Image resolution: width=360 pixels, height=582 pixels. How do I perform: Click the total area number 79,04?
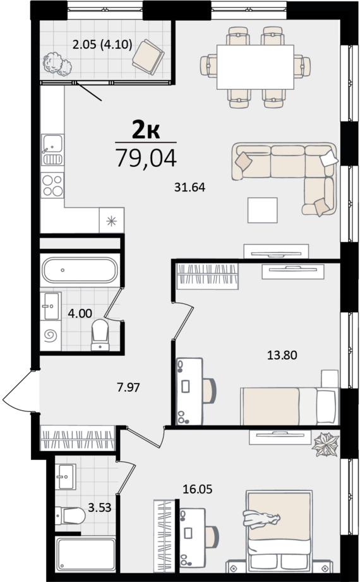(x=147, y=157)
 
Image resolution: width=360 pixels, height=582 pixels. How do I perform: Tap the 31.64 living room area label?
(x=189, y=187)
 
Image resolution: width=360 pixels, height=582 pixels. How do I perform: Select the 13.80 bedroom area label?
(x=282, y=355)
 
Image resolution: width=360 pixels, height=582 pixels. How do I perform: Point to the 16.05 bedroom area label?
(x=198, y=489)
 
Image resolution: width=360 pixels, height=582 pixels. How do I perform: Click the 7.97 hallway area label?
(x=128, y=387)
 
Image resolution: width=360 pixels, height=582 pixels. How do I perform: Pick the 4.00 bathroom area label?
(x=80, y=313)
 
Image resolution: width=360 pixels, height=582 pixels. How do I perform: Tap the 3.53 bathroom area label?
(x=99, y=507)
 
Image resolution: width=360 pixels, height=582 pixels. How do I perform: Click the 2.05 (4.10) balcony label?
(x=102, y=45)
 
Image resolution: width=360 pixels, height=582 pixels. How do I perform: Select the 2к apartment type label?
(x=146, y=130)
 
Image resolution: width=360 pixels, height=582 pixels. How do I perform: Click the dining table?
(x=255, y=67)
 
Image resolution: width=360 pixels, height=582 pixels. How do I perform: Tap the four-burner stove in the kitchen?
(x=52, y=185)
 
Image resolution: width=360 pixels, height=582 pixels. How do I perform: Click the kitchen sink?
(x=52, y=150)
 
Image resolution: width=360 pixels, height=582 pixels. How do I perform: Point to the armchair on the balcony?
(x=148, y=57)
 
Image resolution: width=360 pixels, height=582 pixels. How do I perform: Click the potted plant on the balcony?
(x=57, y=64)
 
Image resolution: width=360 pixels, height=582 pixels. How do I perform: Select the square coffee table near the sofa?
(x=263, y=210)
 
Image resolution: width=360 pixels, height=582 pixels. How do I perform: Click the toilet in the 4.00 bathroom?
(x=100, y=335)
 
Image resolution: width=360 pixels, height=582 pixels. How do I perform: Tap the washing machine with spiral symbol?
(x=51, y=336)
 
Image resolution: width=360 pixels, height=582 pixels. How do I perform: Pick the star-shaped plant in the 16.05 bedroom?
(x=326, y=444)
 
